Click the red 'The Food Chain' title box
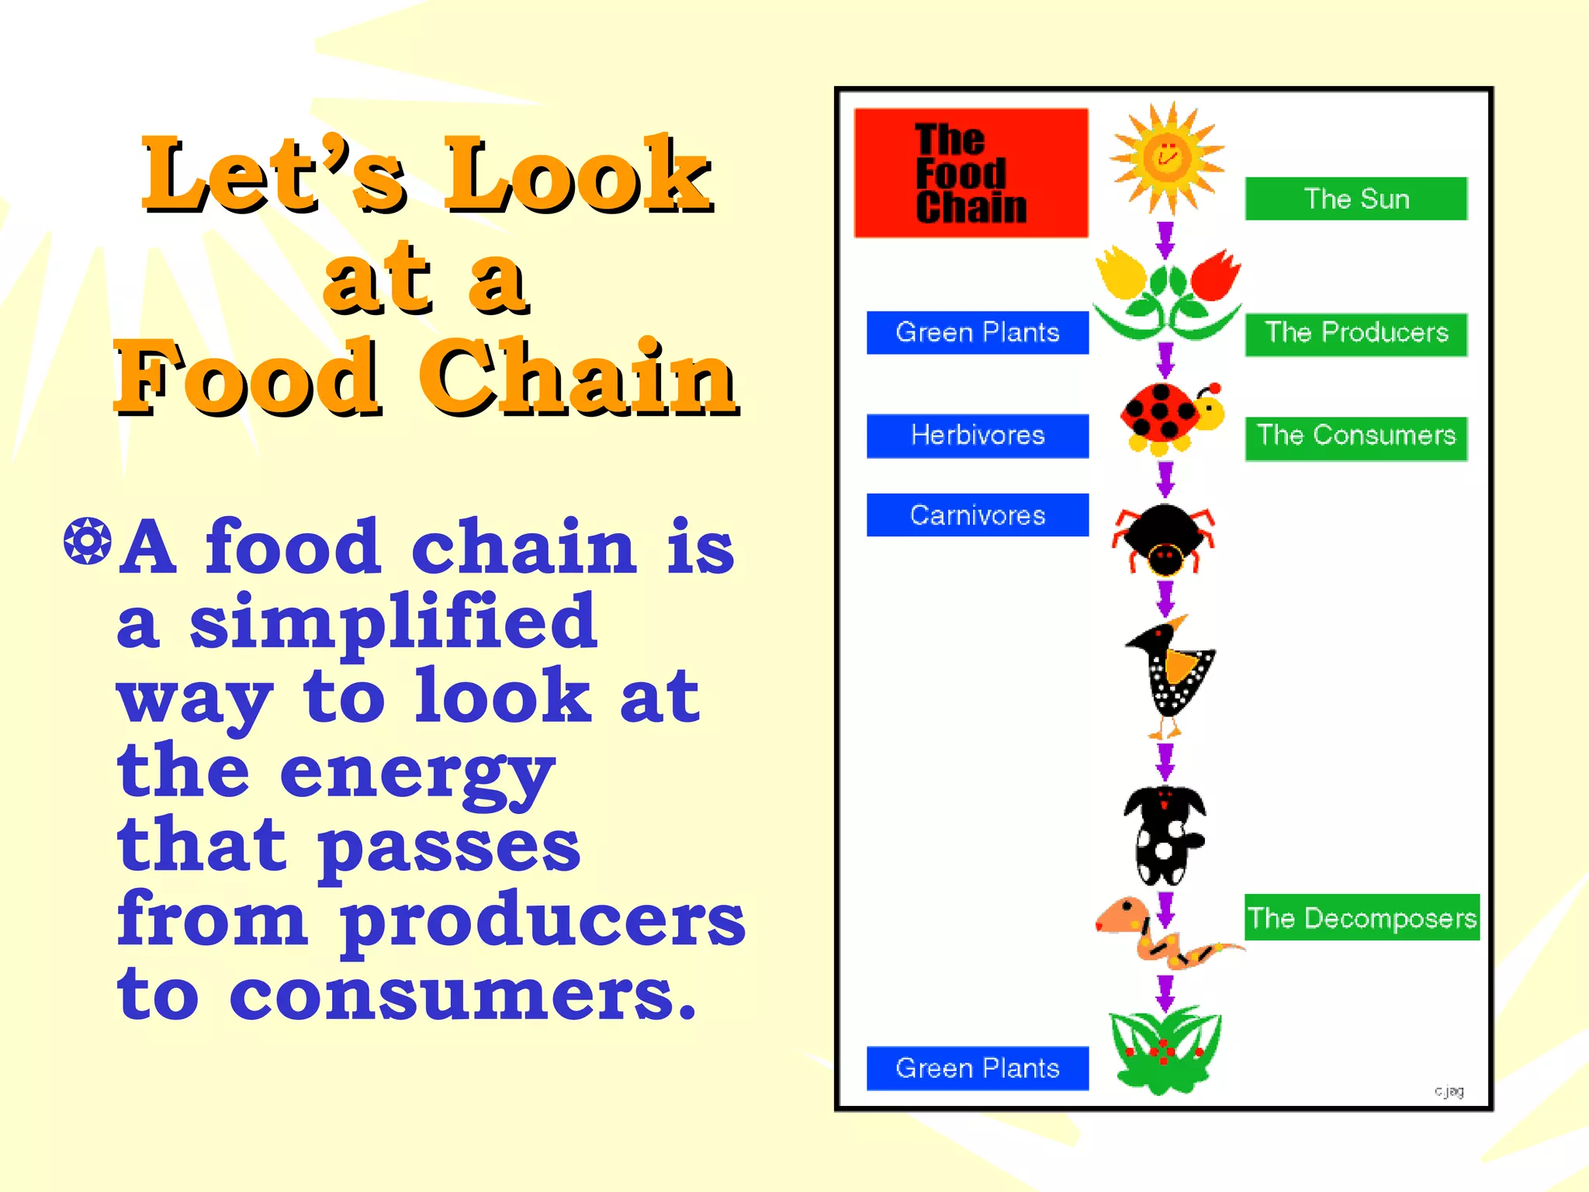pos(971,172)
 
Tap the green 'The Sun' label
pos(1355,199)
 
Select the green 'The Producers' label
pos(1355,334)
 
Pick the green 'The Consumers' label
pos(1355,437)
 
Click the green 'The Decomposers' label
pos(1362,918)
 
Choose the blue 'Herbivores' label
pos(977,435)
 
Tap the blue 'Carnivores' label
pos(977,515)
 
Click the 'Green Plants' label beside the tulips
pos(977,333)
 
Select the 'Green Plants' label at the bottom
pos(977,1069)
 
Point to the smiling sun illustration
pos(1166,158)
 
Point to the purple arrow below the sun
pos(1165,239)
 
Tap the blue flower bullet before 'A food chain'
pos(87,541)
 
